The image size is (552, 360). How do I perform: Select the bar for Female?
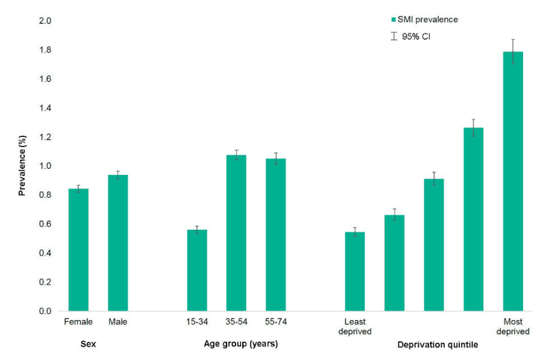click(x=78, y=250)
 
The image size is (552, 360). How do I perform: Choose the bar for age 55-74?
click(x=275, y=235)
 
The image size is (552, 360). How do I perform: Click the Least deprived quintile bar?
click(x=355, y=271)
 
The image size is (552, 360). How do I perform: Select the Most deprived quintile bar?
click(x=513, y=181)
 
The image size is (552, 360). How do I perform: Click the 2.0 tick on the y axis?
click(x=45, y=21)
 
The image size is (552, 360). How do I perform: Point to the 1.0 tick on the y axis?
click(x=45, y=166)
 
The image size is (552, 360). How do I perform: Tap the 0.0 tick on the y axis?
click(x=45, y=311)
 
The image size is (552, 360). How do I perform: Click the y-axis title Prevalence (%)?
click(x=22, y=166)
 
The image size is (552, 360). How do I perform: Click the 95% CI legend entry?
click(x=412, y=36)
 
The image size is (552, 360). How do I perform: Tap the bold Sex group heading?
click(x=88, y=344)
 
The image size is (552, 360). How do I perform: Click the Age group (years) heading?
click(x=237, y=344)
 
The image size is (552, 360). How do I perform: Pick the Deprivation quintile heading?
click(x=438, y=345)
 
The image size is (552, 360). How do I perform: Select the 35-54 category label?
click(x=236, y=322)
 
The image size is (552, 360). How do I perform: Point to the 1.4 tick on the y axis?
click(x=45, y=108)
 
